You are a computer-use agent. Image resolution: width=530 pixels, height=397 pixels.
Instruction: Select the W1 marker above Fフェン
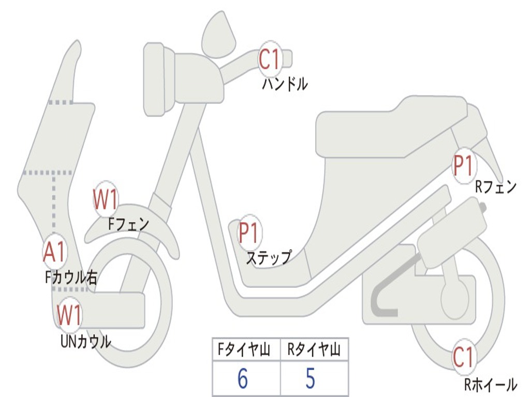pos(106,200)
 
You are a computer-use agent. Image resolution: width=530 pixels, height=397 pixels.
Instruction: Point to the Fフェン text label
pos(128,224)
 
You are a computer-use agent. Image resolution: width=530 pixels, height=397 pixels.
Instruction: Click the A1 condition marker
pos(54,252)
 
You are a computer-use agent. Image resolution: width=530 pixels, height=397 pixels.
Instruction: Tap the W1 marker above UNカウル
pos(69,315)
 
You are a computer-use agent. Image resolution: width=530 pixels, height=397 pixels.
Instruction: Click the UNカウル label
pos(85,341)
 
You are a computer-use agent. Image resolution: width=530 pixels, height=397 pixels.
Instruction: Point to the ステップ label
pos(268,257)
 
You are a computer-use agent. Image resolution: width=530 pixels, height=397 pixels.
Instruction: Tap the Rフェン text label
pos(496,187)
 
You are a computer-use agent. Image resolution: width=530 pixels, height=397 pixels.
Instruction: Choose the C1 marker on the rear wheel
pos(463,357)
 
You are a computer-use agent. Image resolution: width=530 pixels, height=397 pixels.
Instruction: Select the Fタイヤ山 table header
pos(243,350)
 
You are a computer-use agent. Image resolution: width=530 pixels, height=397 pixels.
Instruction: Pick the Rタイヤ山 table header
pos(314,350)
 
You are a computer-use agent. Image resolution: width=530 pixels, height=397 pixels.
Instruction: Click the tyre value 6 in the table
pos(243,379)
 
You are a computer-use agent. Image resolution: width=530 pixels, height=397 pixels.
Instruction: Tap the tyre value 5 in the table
pos(310,379)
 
